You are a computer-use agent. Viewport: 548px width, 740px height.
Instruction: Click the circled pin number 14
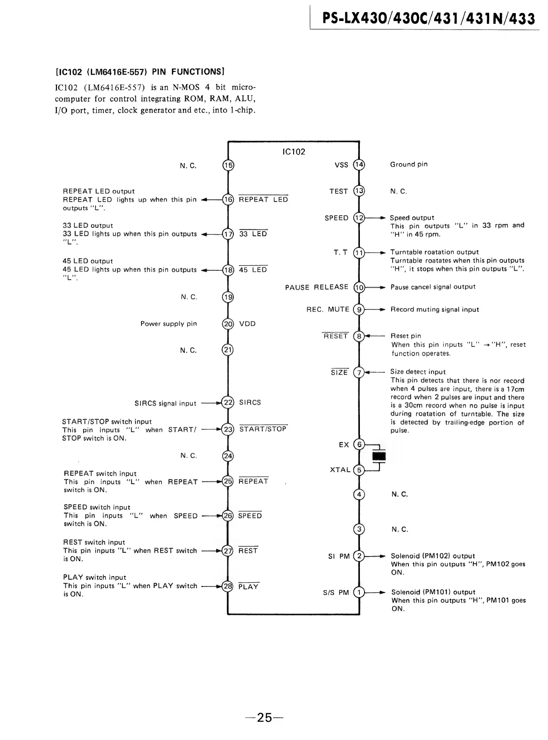pyautogui.click(x=359, y=164)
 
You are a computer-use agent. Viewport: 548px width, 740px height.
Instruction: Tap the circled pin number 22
pyautogui.click(x=228, y=402)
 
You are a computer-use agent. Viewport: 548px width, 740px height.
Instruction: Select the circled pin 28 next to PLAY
pyautogui.click(x=228, y=586)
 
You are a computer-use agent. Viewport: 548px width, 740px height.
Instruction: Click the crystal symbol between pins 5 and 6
pyautogui.click(x=380, y=456)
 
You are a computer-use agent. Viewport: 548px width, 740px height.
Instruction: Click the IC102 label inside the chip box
pyautogui.click(x=294, y=152)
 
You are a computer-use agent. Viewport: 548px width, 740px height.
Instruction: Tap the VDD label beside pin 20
pyautogui.click(x=247, y=324)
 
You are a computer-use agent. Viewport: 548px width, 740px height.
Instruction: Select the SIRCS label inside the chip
pyautogui.click(x=250, y=402)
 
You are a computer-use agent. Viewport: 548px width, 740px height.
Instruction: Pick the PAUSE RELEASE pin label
pyautogui.click(x=316, y=287)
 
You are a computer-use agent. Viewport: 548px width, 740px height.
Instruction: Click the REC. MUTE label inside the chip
pyautogui.click(x=328, y=310)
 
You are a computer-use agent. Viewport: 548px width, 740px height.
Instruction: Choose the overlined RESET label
pyautogui.click(x=336, y=336)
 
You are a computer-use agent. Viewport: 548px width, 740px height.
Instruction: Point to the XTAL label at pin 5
pyautogui.click(x=340, y=470)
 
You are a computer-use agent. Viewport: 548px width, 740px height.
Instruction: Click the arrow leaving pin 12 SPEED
pyautogui.click(x=378, y=218)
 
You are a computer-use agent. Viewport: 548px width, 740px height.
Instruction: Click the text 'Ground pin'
pyautogui.click(x=408, y=164)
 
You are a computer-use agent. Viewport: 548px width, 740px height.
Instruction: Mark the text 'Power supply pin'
pyautogui.click(x=169, y=324)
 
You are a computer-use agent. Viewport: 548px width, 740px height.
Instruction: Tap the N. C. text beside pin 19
pyautogui.click(x=189, y=297)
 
